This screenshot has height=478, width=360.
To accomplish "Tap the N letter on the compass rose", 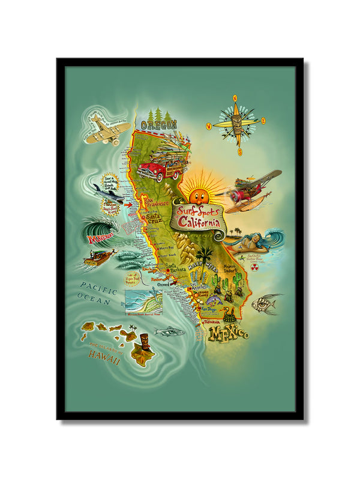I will (236, 97).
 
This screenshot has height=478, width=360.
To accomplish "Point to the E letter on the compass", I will (263, 121).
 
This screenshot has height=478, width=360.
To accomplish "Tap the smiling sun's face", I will (196, 195).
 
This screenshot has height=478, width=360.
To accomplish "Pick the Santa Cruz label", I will (154, 217).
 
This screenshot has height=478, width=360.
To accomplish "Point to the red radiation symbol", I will (253, 266).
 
